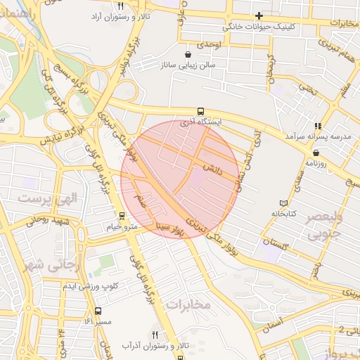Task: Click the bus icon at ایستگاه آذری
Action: [x=201, y=111]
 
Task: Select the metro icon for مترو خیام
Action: [x=122, y=216]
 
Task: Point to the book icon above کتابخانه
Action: [x=284, y=202]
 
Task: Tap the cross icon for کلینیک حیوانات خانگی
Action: [x=259, y=15]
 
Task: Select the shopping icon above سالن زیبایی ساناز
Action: [x=187, y=54]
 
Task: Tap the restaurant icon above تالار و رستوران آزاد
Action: [x=121, y=5]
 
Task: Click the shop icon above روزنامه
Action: [x=316, y=153]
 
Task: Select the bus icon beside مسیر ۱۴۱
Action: [x=98, y=311]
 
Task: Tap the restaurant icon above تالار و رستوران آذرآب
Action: [x=155, y=335]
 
